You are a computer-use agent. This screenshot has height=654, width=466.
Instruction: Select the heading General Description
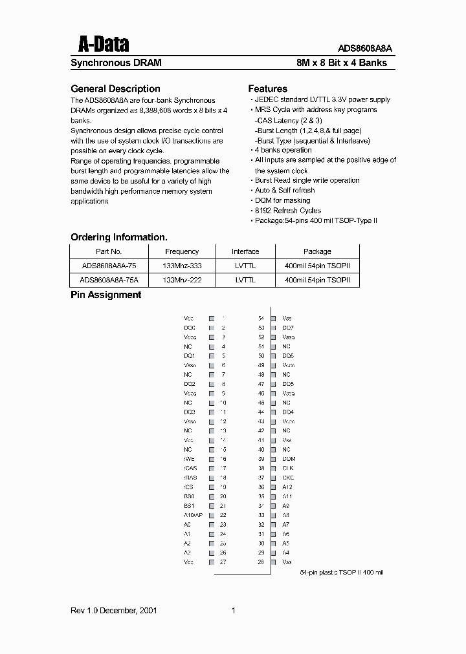click(115, 89)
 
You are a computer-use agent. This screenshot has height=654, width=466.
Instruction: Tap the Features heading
click(267, 89)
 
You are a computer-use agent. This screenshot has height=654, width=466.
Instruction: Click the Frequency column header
click(182, 251)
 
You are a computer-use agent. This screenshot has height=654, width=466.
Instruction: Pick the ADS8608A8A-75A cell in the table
click(109, 280)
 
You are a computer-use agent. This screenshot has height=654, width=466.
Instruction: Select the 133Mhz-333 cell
click(182, 266)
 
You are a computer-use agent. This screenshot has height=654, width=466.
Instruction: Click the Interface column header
click(245, 251)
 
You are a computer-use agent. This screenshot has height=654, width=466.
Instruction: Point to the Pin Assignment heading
click(105, 295)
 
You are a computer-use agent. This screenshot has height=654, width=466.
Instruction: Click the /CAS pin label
click(190, 468)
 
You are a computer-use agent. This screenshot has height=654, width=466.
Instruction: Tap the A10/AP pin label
click(193, 515)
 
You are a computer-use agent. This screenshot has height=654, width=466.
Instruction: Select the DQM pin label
click(289, 459)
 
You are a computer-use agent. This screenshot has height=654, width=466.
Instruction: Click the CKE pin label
click(288, 478)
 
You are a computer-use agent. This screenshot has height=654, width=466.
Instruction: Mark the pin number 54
click(261, 319)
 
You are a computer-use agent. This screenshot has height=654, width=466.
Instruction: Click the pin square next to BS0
click(211, 496)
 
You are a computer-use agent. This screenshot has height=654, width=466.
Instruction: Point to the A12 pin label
click(287, 487)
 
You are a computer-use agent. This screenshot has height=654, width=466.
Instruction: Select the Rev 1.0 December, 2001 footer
click(113, 611)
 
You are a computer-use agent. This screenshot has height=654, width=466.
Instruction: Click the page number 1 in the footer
click(233, 611)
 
